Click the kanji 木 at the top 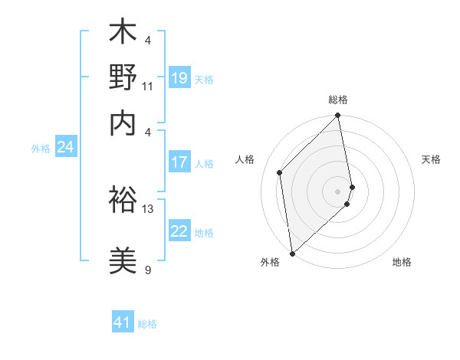coord(123,33)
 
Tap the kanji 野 coord(123,78)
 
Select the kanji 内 coord(123,123)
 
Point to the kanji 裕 coord(123,200)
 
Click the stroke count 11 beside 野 coord(148,86)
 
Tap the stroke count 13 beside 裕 coord(148,208)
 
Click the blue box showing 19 coord(179,78)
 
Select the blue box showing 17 coord(179,162)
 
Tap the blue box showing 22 coord(179,231)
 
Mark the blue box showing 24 coord(65,147)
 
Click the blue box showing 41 coord(123,322)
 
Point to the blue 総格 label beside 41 coord(148,324)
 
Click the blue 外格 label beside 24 coord(41,149)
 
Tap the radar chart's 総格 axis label coord(338,100)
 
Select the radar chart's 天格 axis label coord(432,159)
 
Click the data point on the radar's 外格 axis coord(292,253)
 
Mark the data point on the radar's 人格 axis coord(280,172)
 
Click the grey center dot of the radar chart coord(338,190)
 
